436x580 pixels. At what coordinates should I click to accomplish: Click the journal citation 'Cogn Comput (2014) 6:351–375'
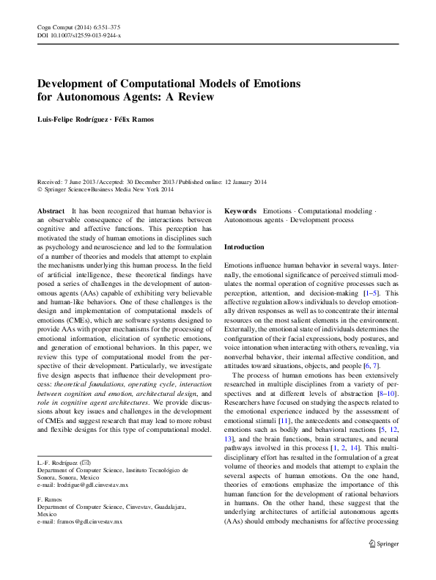point(78,26)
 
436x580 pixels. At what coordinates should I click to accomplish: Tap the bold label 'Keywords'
point(240,210)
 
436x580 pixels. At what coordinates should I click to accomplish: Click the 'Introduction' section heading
point(244,247)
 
